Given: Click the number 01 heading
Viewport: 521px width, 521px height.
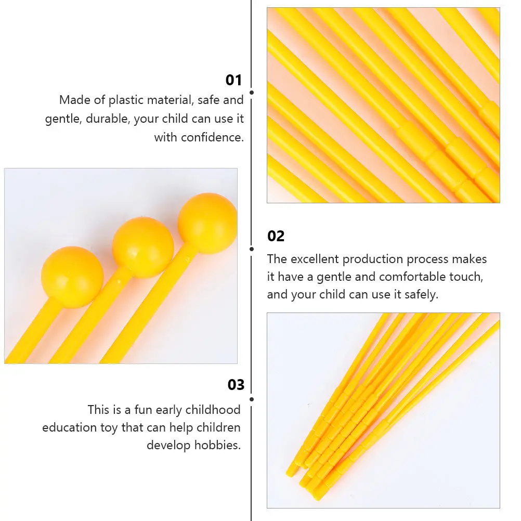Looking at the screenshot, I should click(233, 80).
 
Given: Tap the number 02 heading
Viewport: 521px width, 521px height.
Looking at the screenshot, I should click(276, 236).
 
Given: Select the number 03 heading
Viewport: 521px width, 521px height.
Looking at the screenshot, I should click(236, 385).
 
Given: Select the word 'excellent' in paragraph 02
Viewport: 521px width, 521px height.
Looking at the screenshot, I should click(315, 259).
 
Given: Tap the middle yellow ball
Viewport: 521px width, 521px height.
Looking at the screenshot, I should click(142, 248).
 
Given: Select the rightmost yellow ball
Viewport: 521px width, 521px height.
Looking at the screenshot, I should click(207, 223).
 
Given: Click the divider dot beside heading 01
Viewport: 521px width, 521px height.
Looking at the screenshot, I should click(252, 93).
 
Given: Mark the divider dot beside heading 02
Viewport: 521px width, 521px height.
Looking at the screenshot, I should click(252, 249).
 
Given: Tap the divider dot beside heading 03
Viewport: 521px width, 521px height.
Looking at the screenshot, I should click(252, 399).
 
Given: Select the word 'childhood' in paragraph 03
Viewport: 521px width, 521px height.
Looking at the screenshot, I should click(214, 410).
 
